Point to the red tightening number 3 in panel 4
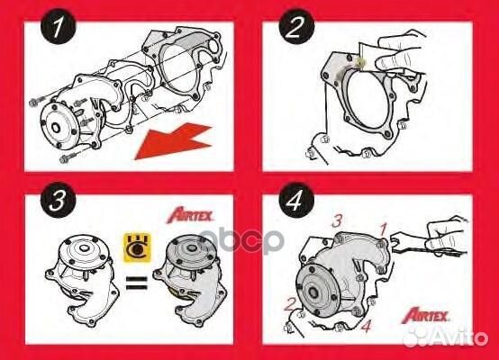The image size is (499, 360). click(337, 220)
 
